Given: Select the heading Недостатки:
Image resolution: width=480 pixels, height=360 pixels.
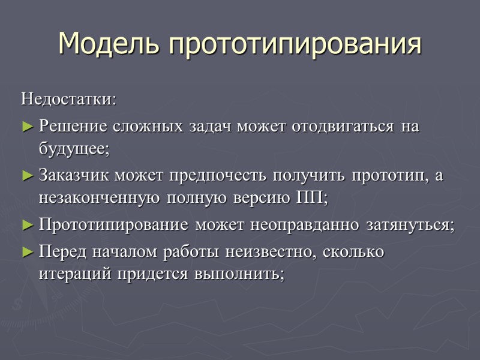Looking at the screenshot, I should tap(70, 98).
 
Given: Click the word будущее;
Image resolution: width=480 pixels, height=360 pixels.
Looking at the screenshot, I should tap(74, 149).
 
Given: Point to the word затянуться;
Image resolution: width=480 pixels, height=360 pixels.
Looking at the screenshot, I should tap(410, 225).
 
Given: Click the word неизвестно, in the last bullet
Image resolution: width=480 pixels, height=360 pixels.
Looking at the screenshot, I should tap(272, 252).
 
